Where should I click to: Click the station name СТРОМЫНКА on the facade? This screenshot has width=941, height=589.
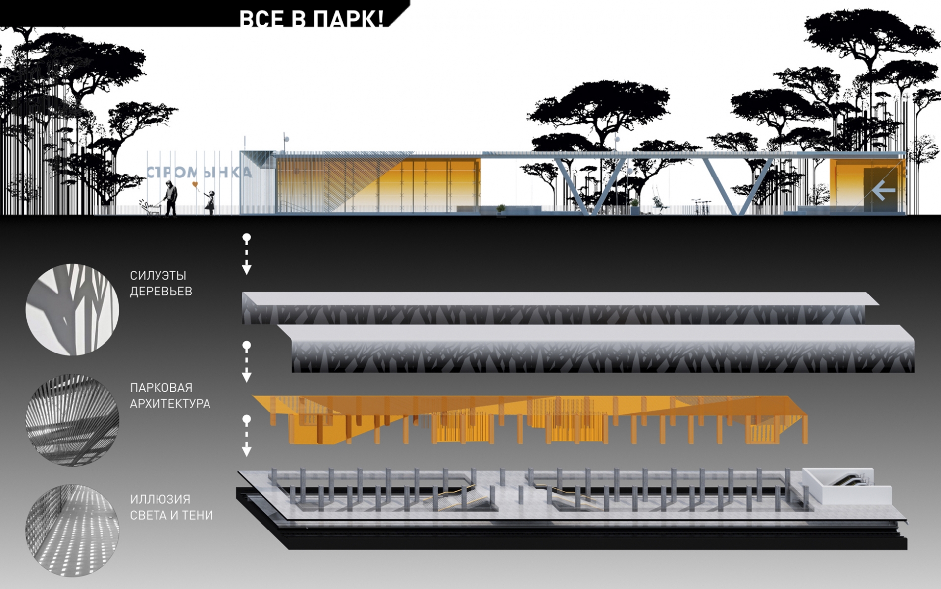pos(199,172)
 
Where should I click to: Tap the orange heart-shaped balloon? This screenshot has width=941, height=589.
pos(195,185)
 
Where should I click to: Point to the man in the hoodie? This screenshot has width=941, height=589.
pos(171,198)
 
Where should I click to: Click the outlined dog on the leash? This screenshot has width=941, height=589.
pos(150,208)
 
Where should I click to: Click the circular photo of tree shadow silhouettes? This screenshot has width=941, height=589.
pos(72,309)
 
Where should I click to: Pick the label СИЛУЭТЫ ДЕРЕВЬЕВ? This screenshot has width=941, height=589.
pos(161,283)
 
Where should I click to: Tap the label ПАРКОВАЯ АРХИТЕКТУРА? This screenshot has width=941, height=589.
pos(170,395)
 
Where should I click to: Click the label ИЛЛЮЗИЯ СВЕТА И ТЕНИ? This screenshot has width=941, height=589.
pos(171,507)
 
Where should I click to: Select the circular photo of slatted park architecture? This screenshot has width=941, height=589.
pos(72,420)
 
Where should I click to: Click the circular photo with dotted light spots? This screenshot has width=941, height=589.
pos(72,530)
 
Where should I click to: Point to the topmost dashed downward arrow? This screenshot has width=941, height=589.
pos(246,254)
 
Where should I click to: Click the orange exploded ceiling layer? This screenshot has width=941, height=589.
pos(530,419)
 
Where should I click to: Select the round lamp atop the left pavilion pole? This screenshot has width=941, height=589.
pos(286,139)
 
